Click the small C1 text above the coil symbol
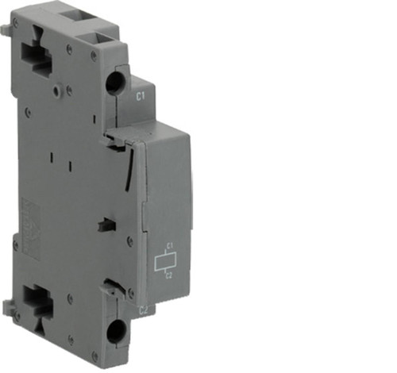168,246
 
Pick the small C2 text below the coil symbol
168,275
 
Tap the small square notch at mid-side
102,226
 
